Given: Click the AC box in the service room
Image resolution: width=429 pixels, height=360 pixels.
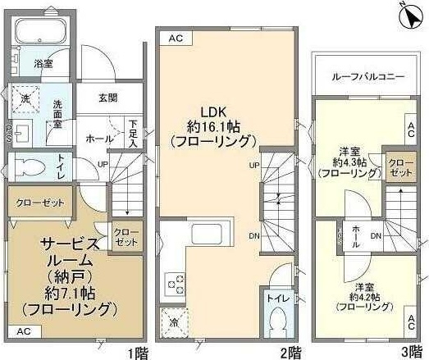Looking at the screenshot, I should pos(23,331).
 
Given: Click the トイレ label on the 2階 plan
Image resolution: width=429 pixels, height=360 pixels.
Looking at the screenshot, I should pos(274,299).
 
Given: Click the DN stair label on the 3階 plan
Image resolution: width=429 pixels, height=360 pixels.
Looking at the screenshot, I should pos(375,237).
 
